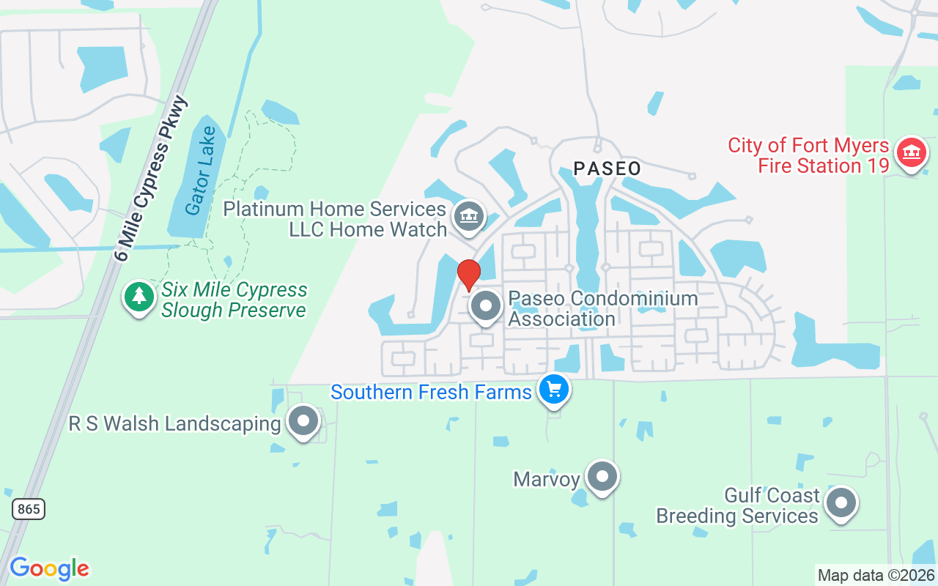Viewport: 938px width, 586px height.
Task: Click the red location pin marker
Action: (x=469, y=275)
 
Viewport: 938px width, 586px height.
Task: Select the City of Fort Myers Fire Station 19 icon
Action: (x=911, y=153)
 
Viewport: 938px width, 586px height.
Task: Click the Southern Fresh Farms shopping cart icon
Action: (x=554, y=389)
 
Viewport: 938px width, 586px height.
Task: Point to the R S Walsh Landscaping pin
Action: (x=303, y=421)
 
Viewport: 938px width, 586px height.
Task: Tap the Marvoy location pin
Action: (x=602, y=477)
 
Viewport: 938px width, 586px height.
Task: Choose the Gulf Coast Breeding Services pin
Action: (x=841, y=503)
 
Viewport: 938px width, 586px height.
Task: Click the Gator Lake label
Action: (x=201, y=171)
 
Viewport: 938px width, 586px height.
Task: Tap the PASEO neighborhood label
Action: (x=607, y=168)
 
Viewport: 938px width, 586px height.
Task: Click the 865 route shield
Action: (x=29, y=509)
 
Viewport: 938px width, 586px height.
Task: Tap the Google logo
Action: (x=49, y=568)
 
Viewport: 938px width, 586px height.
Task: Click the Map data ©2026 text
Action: (x=876, y=575)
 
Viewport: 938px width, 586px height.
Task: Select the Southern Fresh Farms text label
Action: (x=431, y=392)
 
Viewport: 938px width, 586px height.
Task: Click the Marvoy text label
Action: (x=547, y=480)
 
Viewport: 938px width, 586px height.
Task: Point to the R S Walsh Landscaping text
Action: (x=175, y=423)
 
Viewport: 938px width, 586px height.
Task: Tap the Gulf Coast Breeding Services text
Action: (x=737, y=505)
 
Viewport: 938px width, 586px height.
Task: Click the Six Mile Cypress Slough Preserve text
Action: (x=234, y=300)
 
